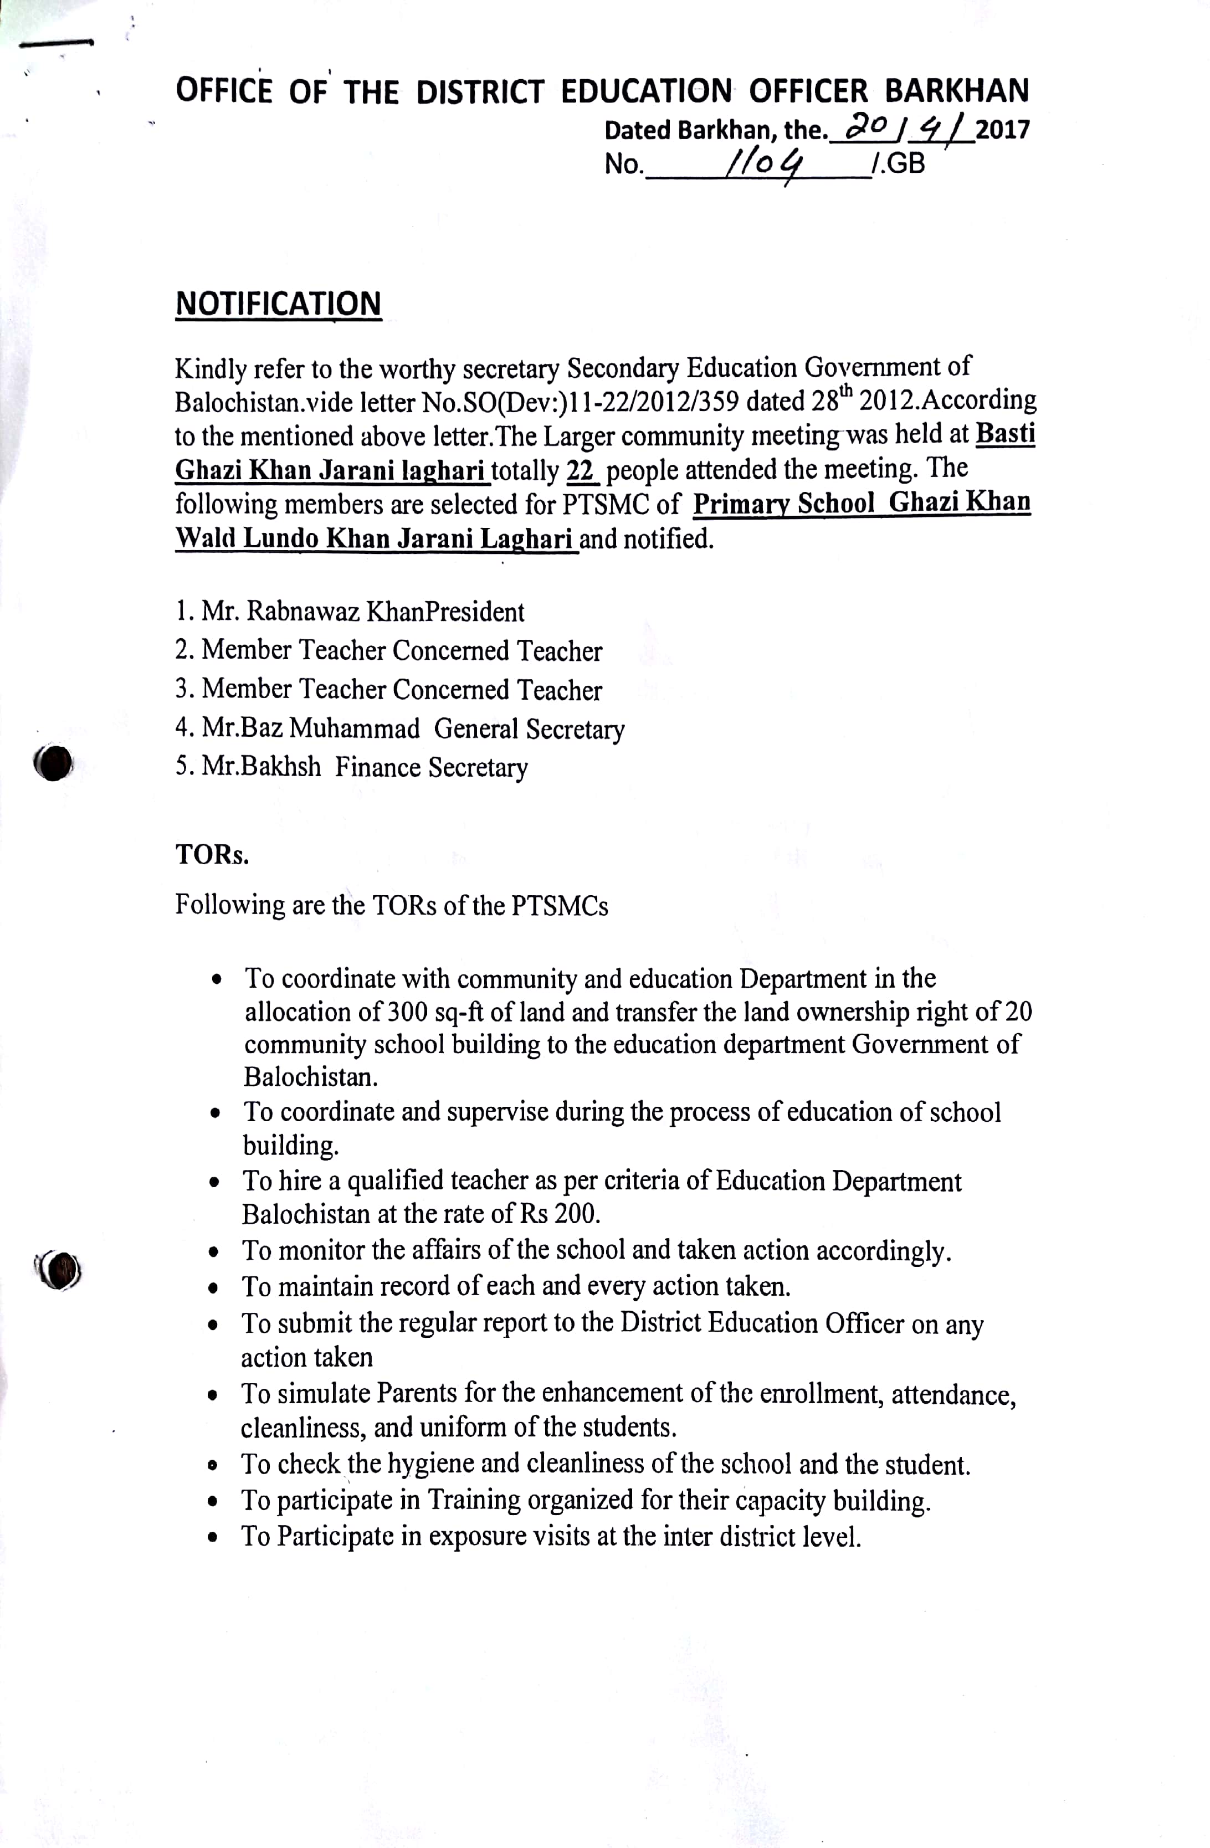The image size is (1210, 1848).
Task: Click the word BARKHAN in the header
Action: coord(956,91)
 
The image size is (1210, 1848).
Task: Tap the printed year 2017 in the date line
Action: coord(1003,129)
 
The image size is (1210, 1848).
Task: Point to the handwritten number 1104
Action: coord(763,164)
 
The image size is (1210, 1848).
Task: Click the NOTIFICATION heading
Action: coord(278,304)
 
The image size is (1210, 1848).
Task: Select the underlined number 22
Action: coord(580,470)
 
